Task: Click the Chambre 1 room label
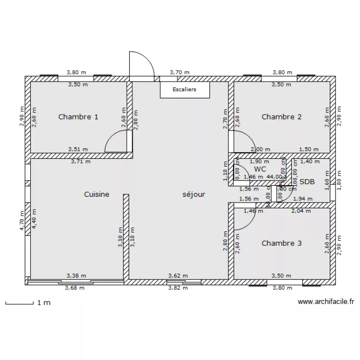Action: [78, 117]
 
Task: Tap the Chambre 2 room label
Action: [281, 117]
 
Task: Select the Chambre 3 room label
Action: [281, 243]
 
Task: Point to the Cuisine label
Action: [96, 194]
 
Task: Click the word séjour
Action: [194, 194]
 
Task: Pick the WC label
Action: [260, 169]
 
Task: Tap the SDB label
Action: [307, 182]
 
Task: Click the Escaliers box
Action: [185, 89]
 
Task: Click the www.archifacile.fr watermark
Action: [326, 302]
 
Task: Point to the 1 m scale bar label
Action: [44, 303]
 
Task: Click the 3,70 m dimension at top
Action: [180, 72]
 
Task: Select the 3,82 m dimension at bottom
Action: [178, 288]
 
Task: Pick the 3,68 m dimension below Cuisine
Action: [74, 288]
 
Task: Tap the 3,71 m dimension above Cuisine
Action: [81, 162]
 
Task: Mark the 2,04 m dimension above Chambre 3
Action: [301, 210]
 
